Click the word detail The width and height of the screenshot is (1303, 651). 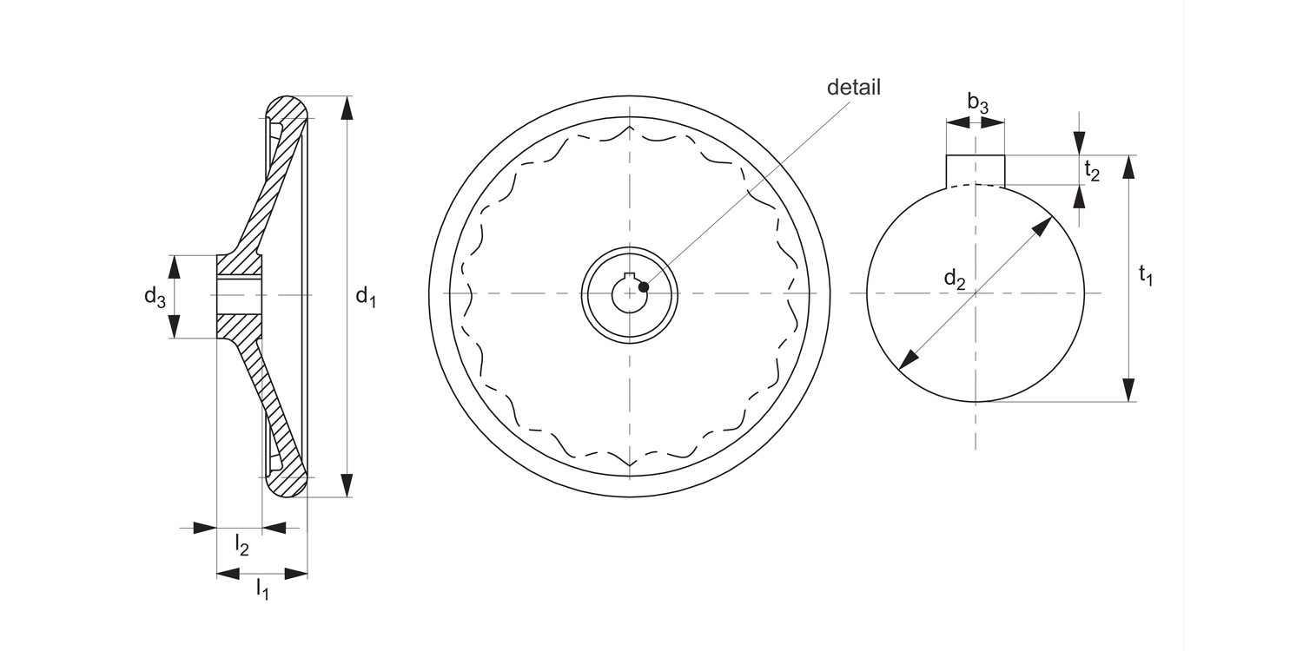(x=853, y=87)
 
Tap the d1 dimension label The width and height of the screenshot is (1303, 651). (x=366, y=297)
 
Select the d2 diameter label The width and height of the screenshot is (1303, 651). (x=955, y=279)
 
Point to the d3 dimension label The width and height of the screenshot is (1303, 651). (x=155, y=298)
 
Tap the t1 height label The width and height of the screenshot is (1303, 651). (x=1146, y=276)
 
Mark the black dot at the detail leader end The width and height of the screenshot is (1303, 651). (x=643, y=286)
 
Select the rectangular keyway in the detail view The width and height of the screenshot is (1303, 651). (x=976, y=170)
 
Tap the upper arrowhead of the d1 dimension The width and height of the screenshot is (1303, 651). (x=347, y=108)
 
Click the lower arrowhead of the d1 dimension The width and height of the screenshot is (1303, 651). (x=347, y=485)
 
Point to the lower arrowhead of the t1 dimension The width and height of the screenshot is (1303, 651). (x=1128, y=390)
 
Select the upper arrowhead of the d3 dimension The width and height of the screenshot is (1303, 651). (x=175, y=266)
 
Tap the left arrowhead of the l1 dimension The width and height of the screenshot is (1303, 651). (x=228, y=573)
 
